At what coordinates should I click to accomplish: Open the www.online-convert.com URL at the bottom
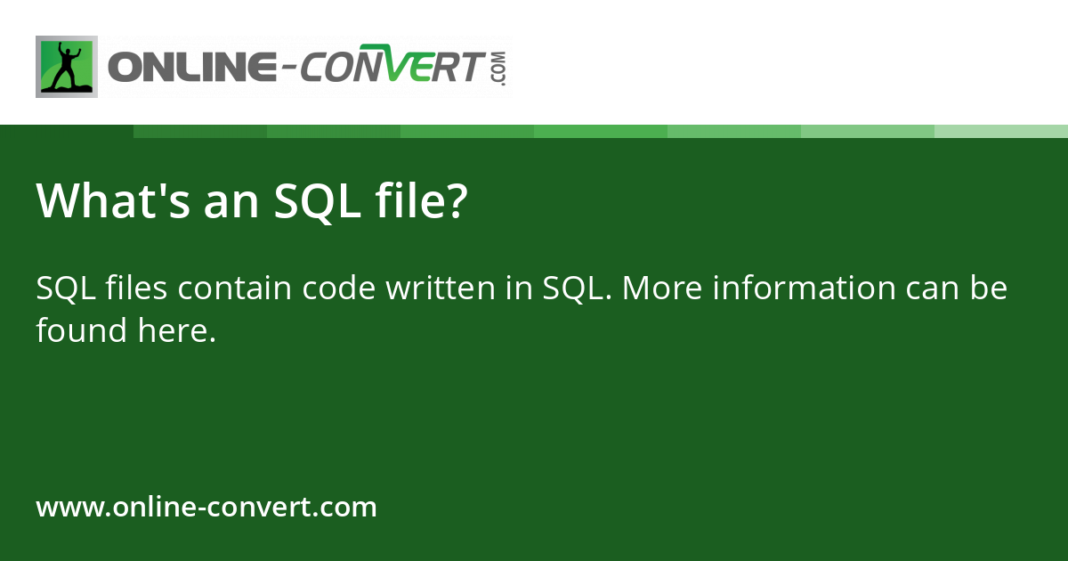click(x=206, y=508)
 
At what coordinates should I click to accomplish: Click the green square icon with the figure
click(x=67, y=67)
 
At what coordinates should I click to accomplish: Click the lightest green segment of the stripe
click(x=1001, y=131)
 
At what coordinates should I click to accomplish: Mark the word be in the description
click(x=988, y=289)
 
